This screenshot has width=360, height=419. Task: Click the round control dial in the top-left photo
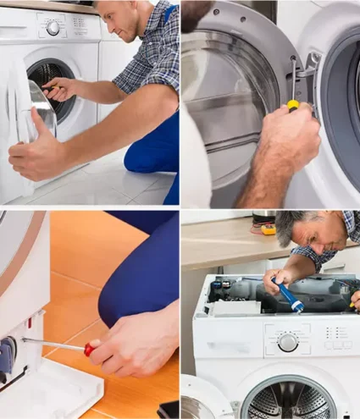pos(53,28)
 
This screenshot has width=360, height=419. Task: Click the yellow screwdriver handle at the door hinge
pos(293,105)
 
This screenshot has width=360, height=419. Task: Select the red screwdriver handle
pos(89,349)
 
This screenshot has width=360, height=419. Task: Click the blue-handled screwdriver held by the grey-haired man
pos(291,297)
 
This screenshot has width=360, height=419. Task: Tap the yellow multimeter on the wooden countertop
pos(268,229)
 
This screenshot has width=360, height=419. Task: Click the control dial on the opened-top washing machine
pos(288,342)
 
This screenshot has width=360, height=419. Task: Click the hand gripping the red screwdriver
pos(136,343)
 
